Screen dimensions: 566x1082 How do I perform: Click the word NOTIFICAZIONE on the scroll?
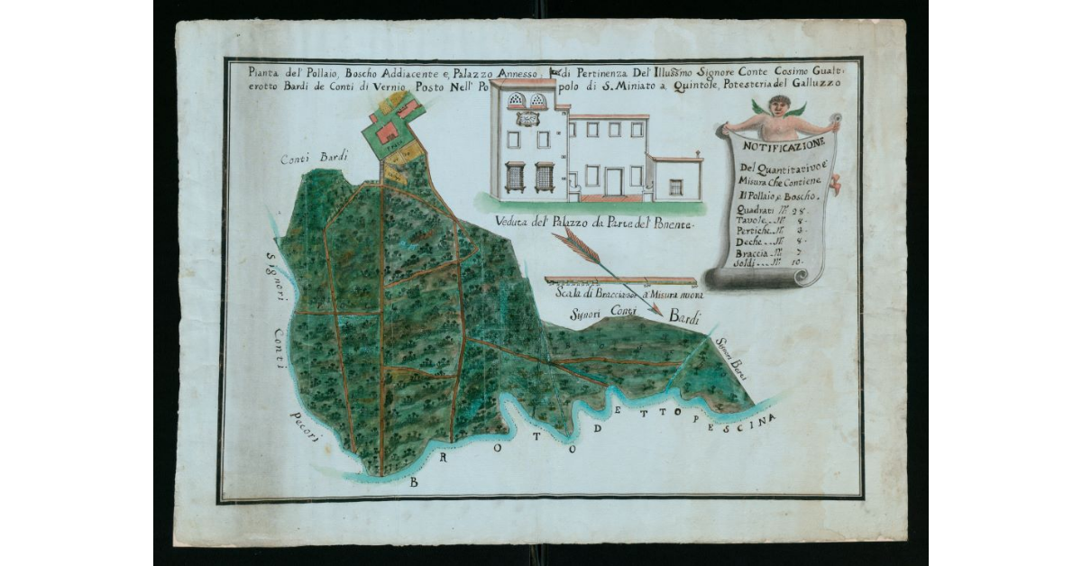tap(780, 146)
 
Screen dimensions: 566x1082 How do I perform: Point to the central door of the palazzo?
tap(614, 181)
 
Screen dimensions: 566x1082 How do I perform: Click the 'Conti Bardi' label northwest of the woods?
tap(307, 159)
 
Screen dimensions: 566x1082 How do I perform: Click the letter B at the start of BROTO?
tap(414, 483)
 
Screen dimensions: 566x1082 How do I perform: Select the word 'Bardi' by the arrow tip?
tap(683, 316)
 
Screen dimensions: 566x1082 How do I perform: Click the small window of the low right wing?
tap(675, 186)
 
